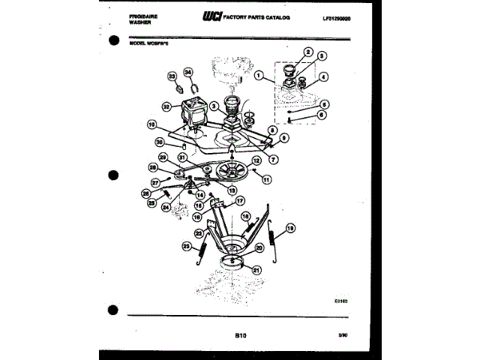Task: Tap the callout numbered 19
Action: tap(290, 228)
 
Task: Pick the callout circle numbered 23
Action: tap(187, 244)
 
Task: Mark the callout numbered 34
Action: tap(188, 73)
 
